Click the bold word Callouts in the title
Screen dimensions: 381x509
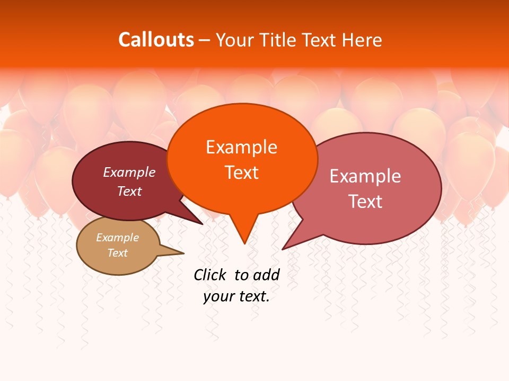click(x=156, y=40)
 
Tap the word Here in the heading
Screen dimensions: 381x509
click(x=363, y=40)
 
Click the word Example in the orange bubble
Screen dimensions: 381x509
click(x=241, y=147)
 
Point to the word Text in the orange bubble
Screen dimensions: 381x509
click(x=241, y=173)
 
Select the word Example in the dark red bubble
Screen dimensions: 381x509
click(x=129, y=172)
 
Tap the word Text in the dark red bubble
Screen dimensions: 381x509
click(x=129, y=191)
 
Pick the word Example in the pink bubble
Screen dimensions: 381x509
click(x=365, y=176)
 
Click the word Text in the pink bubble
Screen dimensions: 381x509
click(x=365, y=202)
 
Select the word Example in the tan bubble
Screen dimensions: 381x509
click(x=117, y=238)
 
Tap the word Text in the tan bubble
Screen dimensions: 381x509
click(x=117, y=253)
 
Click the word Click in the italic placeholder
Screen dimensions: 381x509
click(x=210, y=275)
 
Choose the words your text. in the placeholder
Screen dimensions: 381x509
click(x=236, y=296)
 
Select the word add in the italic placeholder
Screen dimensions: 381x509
click(x=266, y=275)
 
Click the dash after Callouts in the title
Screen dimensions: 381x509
click(x=205, y=41)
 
